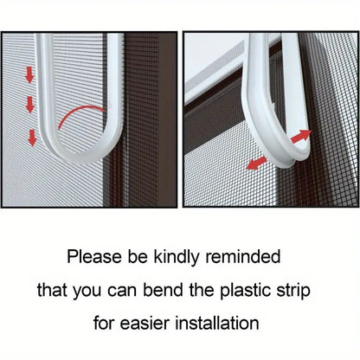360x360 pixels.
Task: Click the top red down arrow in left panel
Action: click(29, 74)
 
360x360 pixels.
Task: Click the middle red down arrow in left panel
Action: click(29, 105)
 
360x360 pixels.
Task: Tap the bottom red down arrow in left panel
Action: click(32, 138)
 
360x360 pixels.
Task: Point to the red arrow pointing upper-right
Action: click(301, 136)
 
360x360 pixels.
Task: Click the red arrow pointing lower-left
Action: click(256, 163)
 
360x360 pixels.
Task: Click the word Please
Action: click(94, 256)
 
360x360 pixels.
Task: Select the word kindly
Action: click(177, 257)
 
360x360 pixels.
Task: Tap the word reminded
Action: click(242, 256)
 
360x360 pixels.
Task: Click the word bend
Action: click(163, 290)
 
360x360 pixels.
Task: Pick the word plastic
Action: click(246, 291)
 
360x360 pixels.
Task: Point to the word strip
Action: click(293, 291)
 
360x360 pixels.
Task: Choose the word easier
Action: click(145, 324)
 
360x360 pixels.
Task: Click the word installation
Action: click(217, 323)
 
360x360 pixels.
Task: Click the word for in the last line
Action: click(104, 323)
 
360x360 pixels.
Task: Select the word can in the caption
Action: click(122, 292)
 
